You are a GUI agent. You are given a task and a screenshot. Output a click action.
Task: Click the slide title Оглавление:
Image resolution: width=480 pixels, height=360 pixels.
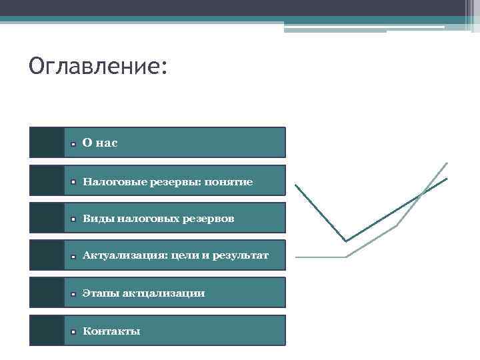coord(99,67)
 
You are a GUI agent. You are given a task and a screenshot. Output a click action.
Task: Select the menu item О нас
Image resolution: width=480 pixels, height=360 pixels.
coord(100,143)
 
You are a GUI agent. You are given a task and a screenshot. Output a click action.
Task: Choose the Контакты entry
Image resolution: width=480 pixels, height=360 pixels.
coord(111,331)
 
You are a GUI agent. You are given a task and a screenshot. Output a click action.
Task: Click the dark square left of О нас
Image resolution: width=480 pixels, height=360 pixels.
coord(47,143)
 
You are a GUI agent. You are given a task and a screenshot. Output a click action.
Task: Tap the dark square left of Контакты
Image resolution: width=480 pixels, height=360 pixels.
coord(47,330)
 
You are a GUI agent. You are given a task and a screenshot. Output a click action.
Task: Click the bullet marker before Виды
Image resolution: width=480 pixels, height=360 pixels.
coord(75,219)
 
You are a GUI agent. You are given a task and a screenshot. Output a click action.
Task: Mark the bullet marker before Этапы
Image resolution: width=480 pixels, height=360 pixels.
coord(75,294)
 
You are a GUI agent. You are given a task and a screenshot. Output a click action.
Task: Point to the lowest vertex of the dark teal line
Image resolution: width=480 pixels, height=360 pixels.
coord(345,241)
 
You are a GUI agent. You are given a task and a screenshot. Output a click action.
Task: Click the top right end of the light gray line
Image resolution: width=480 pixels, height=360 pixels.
coord(447,163)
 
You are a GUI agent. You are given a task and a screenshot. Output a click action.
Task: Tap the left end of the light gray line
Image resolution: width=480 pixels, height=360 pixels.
coord(297,257)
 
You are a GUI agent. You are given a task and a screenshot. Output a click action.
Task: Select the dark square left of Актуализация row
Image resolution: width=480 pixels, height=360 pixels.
coord(47,255)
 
